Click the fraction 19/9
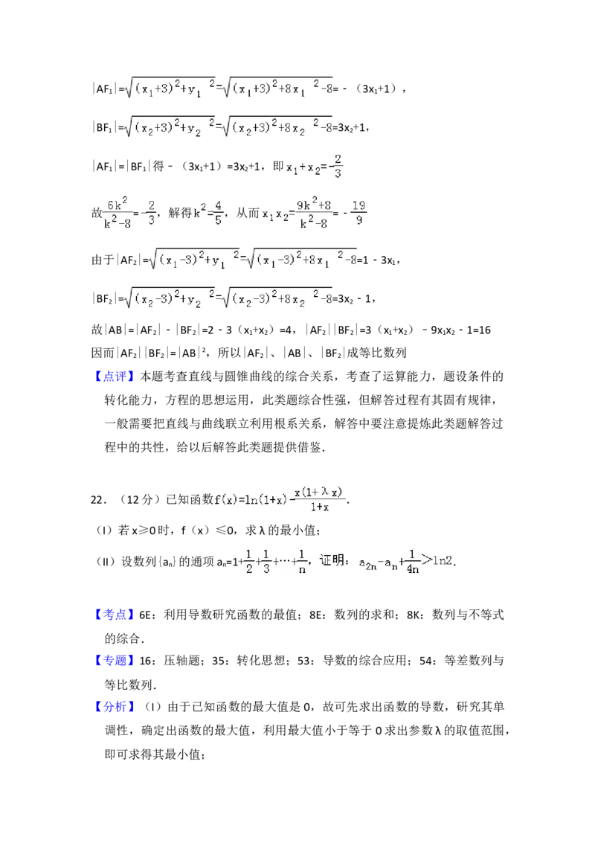pyautogui.click(x=358, y=211)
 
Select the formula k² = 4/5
pyautogui.click(x=208, y=212)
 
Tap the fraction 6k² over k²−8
pyautogui.click(x=119, y=212)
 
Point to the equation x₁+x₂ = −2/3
pyautogui.click(x=313, y=167)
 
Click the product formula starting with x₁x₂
pyautogui.click(x=295, y=212)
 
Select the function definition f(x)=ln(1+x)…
pyautogui.click(x=280, y=500)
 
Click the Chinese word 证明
pyautogui.click(x=332, y=560)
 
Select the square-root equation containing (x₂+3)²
pyautogui.click(x=226, y=128)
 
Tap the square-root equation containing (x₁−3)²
pyautogui.click(x=250, y=259)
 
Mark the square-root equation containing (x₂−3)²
pyautogui.click(x=226, y=298)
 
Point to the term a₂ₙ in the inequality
pyautogui.click(x=368, y=562)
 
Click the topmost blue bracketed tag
pyautogui.click(x=115, y=377)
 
